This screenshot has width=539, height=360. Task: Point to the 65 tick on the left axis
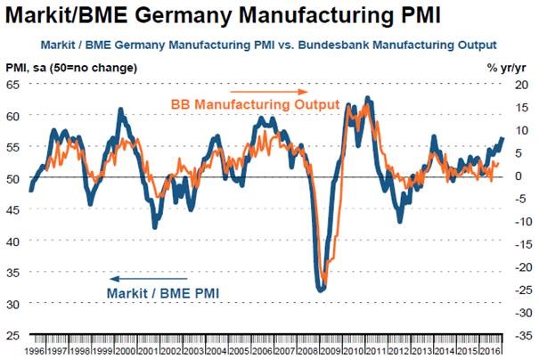[12, 84]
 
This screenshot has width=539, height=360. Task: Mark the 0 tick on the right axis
[525, 176]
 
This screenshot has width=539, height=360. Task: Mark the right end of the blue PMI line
[502, 138]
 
